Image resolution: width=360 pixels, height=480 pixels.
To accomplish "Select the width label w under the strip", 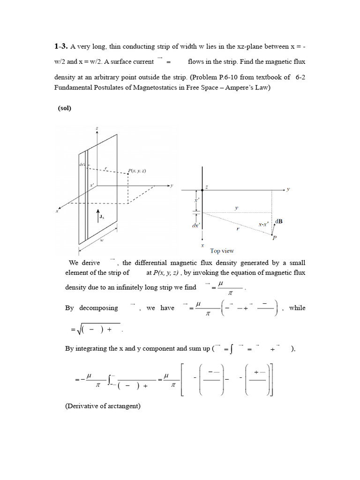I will click(x=102, y=239).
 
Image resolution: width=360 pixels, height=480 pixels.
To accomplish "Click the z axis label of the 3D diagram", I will click(x=97, y=128).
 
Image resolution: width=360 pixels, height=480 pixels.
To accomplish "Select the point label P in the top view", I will click(x=274, y=239).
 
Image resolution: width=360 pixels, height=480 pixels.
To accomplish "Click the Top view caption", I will click(x=222, y=251).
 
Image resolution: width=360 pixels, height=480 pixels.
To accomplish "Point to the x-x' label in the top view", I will click(x=264, y=225).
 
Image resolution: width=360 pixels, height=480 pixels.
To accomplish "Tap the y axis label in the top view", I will click(x=289, y=189).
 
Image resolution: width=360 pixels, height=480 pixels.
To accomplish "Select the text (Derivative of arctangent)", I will click(x=103, y=406).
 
